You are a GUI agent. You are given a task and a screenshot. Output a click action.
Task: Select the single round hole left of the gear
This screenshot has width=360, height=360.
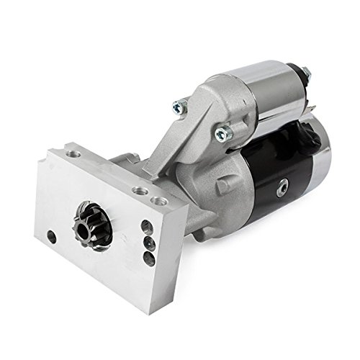click(52, 236)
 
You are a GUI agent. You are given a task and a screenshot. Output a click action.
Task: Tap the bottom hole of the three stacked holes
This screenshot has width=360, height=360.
click(149, 258)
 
